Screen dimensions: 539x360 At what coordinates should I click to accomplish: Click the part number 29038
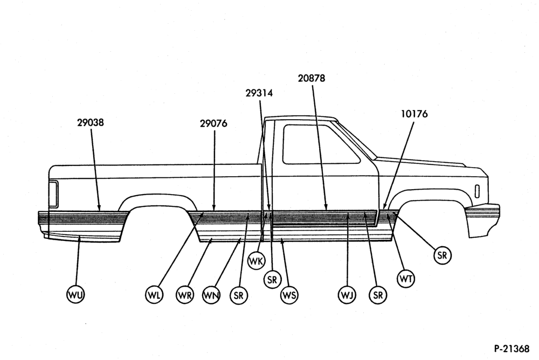coord(91,122)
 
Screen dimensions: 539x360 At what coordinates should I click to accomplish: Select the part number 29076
coord(213,123)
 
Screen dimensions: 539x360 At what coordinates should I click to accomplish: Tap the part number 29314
coord(259,93)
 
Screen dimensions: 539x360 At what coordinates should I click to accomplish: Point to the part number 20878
coord(312,78)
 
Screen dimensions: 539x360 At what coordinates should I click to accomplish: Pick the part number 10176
coord(414,114)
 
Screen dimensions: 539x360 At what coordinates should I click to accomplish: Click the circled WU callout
coord(75,295)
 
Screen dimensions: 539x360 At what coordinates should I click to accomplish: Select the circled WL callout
coord(154,295)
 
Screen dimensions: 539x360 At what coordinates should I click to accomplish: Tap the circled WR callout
coord(185,295)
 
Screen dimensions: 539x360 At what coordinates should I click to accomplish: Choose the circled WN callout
coord(211,295)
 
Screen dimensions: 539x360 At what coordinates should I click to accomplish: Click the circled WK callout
coord(257,261)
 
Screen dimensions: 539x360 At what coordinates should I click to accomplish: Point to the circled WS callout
coord(289,295)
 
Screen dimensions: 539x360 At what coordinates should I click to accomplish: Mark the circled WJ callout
coord(347,295)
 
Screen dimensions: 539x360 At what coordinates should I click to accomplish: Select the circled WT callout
coord(406,279)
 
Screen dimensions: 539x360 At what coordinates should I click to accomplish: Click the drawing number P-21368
coord(512,349)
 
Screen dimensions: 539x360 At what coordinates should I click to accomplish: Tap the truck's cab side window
coord(321,144)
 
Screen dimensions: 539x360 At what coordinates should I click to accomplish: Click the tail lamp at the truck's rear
coord(53,193)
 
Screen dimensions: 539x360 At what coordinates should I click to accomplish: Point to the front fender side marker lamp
coord(477,191)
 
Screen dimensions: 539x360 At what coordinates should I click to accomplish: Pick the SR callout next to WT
coord(442,255)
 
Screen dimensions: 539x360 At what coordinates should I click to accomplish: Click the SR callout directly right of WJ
coord(378,295)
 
